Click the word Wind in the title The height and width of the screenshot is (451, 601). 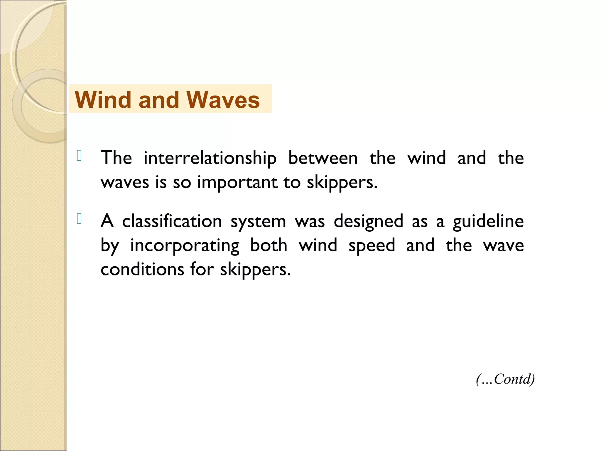tap(102, 100)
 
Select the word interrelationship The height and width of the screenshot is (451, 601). tap(210, 159)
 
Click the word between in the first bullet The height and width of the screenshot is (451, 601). tap(323, 158)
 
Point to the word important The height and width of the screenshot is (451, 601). tap(237, 183)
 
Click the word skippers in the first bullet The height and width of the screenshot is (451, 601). tap(342, 183)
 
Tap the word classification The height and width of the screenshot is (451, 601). tap(172, 221)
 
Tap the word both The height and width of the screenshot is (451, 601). tap(269, 245)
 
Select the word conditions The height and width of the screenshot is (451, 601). tap(142, 269)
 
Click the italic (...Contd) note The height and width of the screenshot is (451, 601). tap(505, 379)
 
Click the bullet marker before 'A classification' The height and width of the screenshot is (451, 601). tap(79, 219)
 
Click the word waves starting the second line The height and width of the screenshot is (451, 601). tap(125, 183)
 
